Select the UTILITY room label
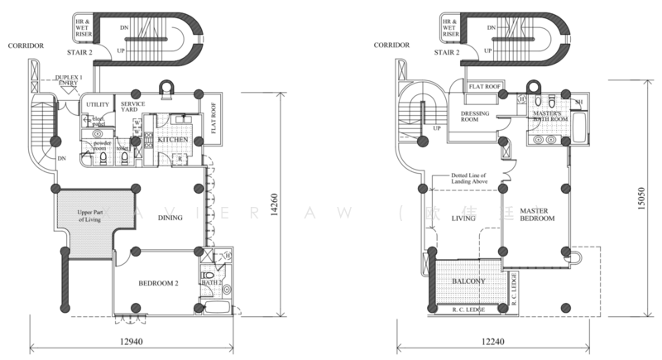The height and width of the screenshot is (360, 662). click(98, 104)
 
